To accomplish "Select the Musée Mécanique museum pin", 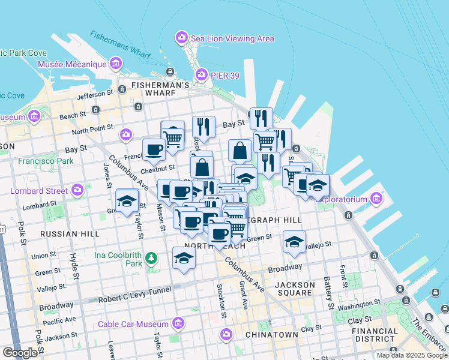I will (x=116, y=64).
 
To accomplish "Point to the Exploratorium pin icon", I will (x=376, y=197).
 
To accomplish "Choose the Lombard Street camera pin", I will (x=77, y=191).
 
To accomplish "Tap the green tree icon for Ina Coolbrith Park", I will (x=151, y=259).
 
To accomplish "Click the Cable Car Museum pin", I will (x=178, y=325).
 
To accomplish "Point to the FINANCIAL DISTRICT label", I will (x=375, y=335).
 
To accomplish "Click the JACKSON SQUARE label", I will (x=295, y=289).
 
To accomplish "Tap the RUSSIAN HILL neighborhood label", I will (x=64, y=233).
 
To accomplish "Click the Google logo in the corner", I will (x=20, y=353).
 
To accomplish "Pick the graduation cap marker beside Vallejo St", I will (x=294, y=241).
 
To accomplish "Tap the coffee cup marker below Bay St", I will (x=154, y=149).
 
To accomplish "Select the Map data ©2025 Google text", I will (x=412, y=355).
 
